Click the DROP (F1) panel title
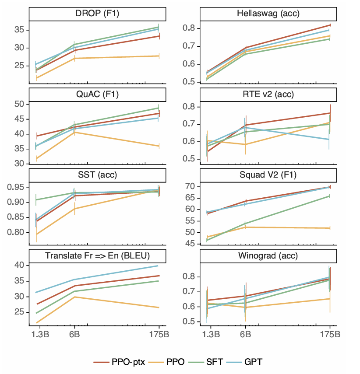97,14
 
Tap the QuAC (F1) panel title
97,94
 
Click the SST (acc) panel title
97,175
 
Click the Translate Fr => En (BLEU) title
97,255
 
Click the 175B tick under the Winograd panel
330,335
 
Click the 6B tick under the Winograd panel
245,335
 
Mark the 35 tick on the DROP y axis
19,30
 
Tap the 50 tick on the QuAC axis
19,104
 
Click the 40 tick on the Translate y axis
19,265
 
